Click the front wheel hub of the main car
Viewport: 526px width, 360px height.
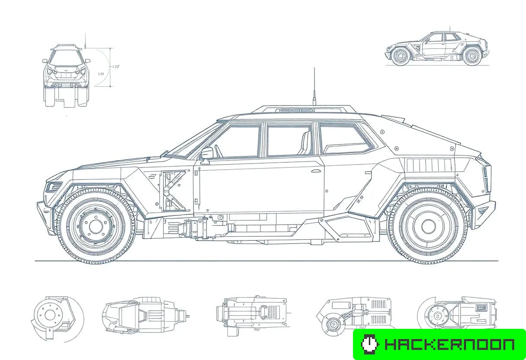[x=96, y=225]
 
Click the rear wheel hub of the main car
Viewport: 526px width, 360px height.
[x=428, y=225]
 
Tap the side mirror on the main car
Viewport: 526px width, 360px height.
[x=207, y=153]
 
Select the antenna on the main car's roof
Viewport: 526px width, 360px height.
[x=314, y=87]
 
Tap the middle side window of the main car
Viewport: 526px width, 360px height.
[x=289, y=139]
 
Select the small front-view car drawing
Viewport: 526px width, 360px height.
[x=66, y=76]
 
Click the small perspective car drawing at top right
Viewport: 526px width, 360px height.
[x=437, y=48]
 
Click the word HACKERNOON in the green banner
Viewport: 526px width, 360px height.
[x=449, y=344]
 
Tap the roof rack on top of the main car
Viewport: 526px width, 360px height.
[x=303, y=109]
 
